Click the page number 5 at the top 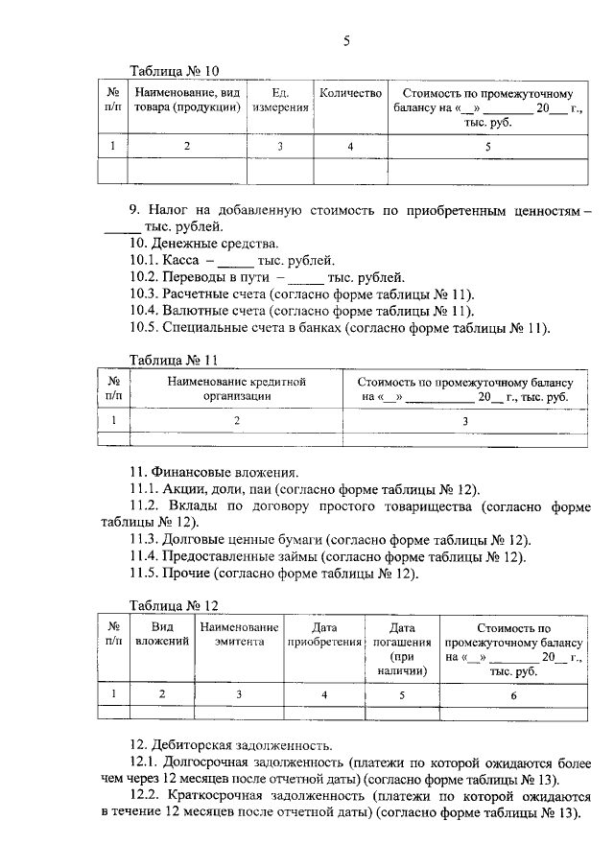click(346, 40)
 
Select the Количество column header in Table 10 click(350, 94)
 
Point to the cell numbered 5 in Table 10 click(488, 146)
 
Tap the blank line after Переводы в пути click(306, 279)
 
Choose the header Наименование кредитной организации click(236, 388)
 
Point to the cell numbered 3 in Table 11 click(465, 420)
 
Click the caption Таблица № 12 click(175, 605)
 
